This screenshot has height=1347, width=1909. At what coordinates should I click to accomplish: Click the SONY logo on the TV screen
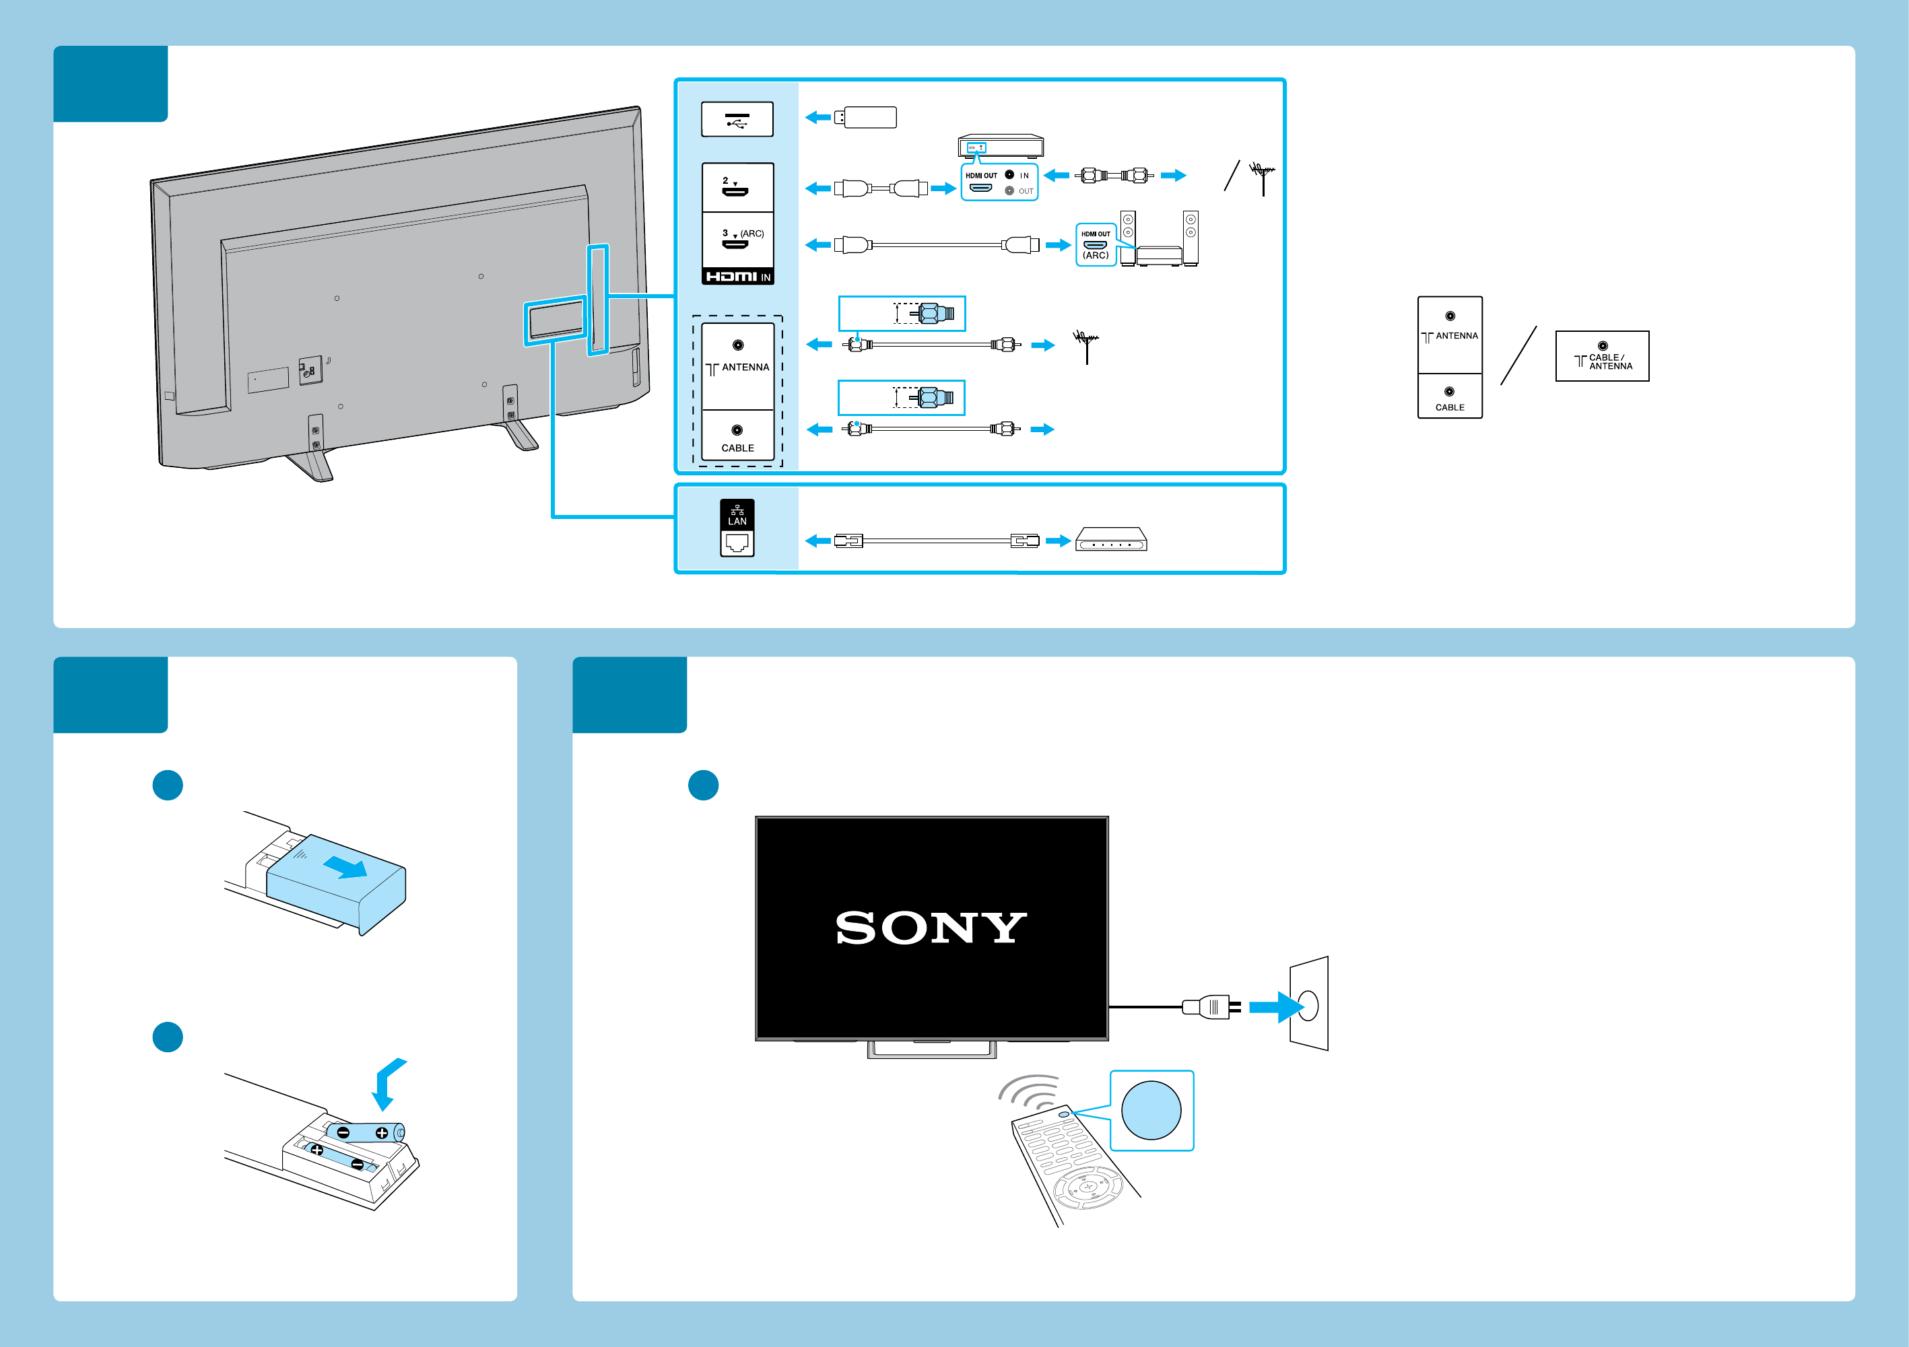coord(931,928)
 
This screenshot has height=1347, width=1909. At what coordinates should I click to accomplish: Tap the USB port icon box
coord(737,120)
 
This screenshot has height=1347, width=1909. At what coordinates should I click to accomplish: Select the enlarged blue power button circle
coord(1151,1110)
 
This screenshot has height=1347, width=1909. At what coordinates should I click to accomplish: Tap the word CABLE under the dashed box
coord(737,448)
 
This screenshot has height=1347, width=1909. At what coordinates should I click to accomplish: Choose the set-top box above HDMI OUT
coord(1000,146)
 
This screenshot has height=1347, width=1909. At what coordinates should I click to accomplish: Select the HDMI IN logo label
coord(737,277)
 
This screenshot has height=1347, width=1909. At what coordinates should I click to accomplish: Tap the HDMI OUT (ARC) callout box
coord(1096,245)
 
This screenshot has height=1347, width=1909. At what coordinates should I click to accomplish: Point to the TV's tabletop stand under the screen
coord(931,1049)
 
